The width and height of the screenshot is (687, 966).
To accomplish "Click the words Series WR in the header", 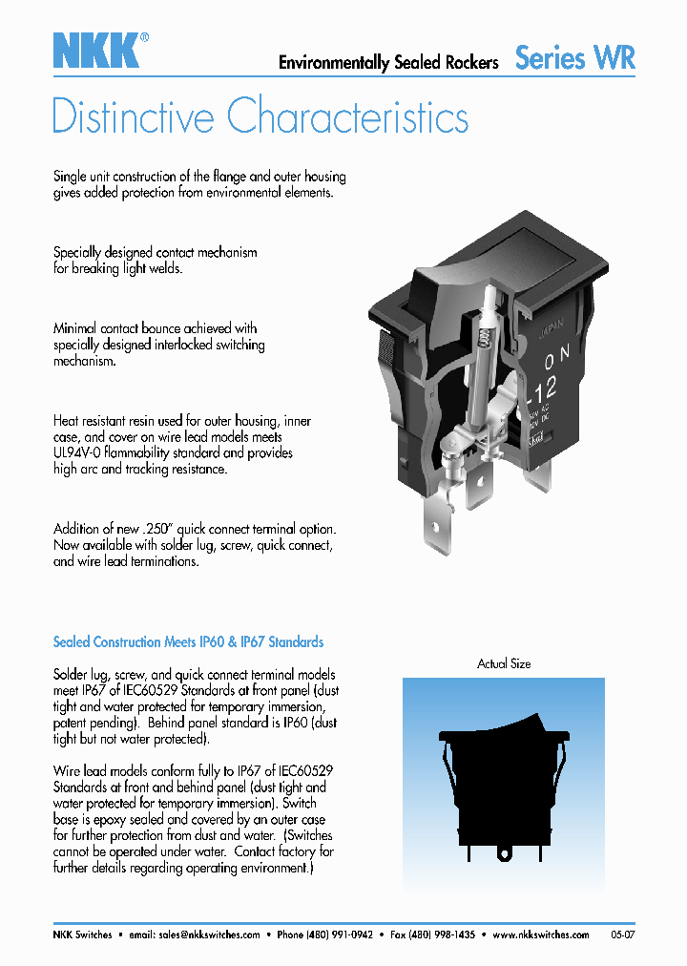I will click(x=574, y=58).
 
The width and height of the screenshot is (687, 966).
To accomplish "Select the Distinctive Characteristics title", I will click(x=260, y=117).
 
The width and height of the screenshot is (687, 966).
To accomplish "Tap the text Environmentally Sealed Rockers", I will click(x=388, y=63).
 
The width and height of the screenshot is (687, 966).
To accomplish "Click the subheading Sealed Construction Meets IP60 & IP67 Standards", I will click(x=188, y=642).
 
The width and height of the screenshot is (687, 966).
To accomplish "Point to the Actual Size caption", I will click(x=504, y=663).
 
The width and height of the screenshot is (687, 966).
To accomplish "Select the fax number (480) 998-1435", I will click(x=442, y=935).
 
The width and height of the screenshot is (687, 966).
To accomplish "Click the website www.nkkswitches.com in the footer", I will click(x=543, y=935).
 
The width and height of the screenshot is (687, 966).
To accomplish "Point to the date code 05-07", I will click(x=622, y=935).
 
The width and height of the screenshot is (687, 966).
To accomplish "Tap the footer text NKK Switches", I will click(x=82, y=935).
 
